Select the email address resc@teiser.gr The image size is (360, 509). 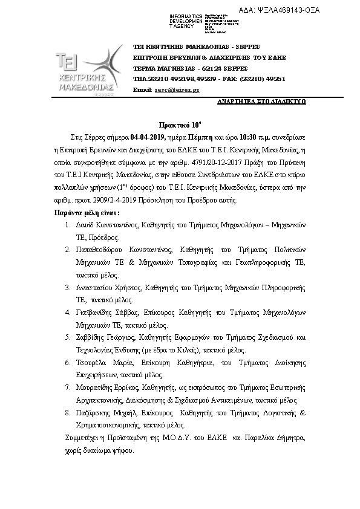tap(177, 89)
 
